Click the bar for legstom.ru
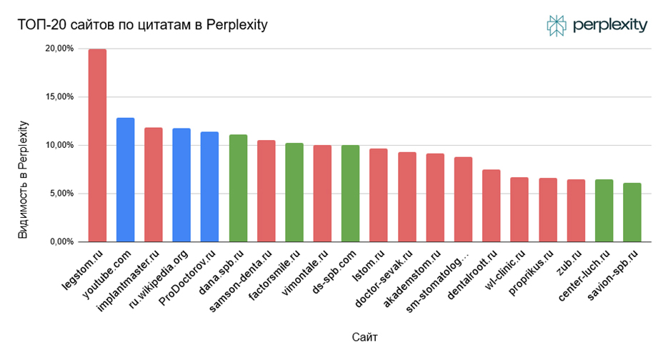pyautogui.click(x=97, y=146)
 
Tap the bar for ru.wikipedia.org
pyautogui.click(x=181, y=185)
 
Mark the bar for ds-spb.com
pyautogui.click(x=350, y=194)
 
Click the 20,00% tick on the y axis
pyautogui.click(x=60, y=49)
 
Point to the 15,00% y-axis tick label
pyautogui.click(x=60, y=97)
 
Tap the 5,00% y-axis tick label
pyautogui.click(x=62, y=194)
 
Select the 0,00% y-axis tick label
pyautogui.click(x=62, y=242)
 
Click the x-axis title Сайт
pyautogui.click(x=365, y=335)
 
